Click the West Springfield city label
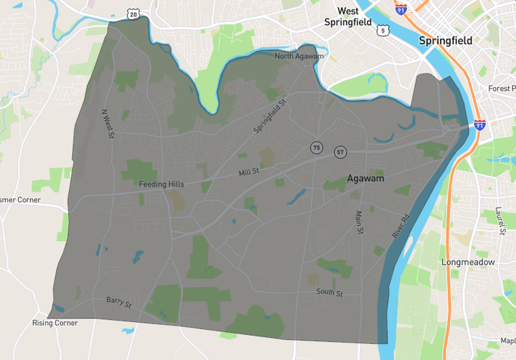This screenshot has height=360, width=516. click(x=348, y=17)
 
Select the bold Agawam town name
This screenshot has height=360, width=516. click(x=365, y=178)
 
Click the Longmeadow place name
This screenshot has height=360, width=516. click(x=468, y=262)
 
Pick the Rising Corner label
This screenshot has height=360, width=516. click(x=55, y=323)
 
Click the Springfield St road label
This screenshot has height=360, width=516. click(x=270, y=116)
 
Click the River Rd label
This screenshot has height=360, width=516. click(x=401, y=227)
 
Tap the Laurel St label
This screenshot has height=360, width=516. click(x=499, y=221)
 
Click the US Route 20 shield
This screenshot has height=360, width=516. click(x=133, y=14)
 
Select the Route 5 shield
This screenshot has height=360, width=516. click(x=384, y=30)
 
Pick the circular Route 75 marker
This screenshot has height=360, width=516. click(x=316, y=146)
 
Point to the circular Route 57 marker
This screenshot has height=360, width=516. click(x=341, y=152)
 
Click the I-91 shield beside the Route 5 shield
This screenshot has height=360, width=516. click(x=401, y=9)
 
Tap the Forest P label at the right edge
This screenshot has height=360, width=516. click(x=502, y=89)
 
